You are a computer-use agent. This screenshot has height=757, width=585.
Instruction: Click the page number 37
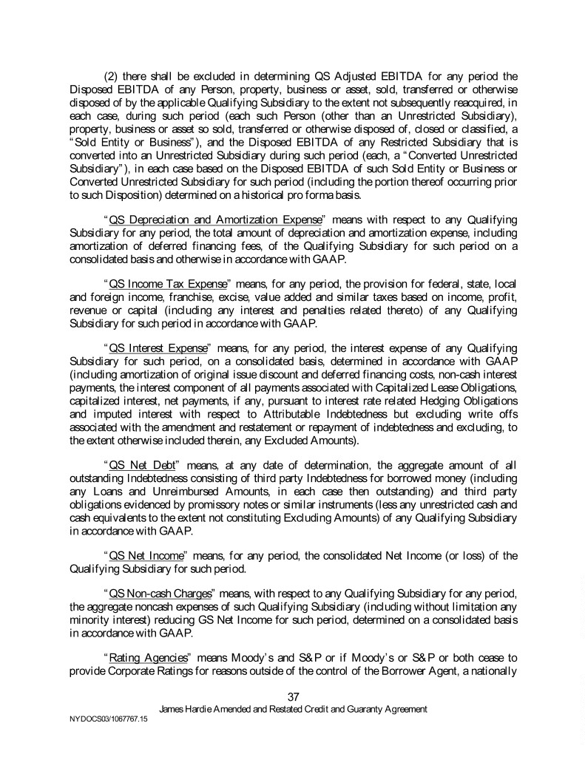292,694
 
